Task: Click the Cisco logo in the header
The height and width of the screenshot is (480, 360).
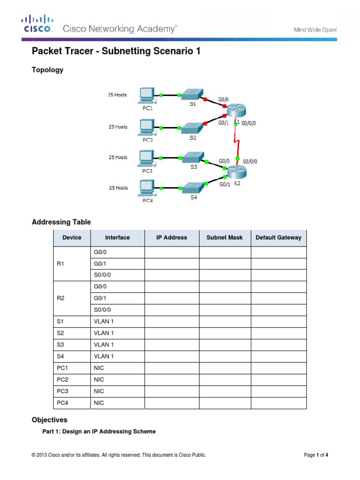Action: [37, 24]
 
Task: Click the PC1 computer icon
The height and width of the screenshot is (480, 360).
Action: [147, 95]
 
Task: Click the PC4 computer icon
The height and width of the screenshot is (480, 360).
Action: [147, 188]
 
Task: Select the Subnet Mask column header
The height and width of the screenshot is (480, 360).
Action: [225, 238]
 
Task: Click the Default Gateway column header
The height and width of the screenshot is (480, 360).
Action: [278, 238]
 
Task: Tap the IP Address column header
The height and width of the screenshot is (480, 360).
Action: [172, 238]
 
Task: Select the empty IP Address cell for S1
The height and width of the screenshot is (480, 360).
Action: [172, 322]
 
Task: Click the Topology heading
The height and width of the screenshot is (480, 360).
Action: [47, 70]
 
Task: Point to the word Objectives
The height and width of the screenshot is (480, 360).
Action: [49, 420]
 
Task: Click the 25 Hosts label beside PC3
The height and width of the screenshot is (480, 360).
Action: [118, 157]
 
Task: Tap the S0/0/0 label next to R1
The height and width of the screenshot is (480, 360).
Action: [249, 123]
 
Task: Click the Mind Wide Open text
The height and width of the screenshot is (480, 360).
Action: [315, 30]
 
